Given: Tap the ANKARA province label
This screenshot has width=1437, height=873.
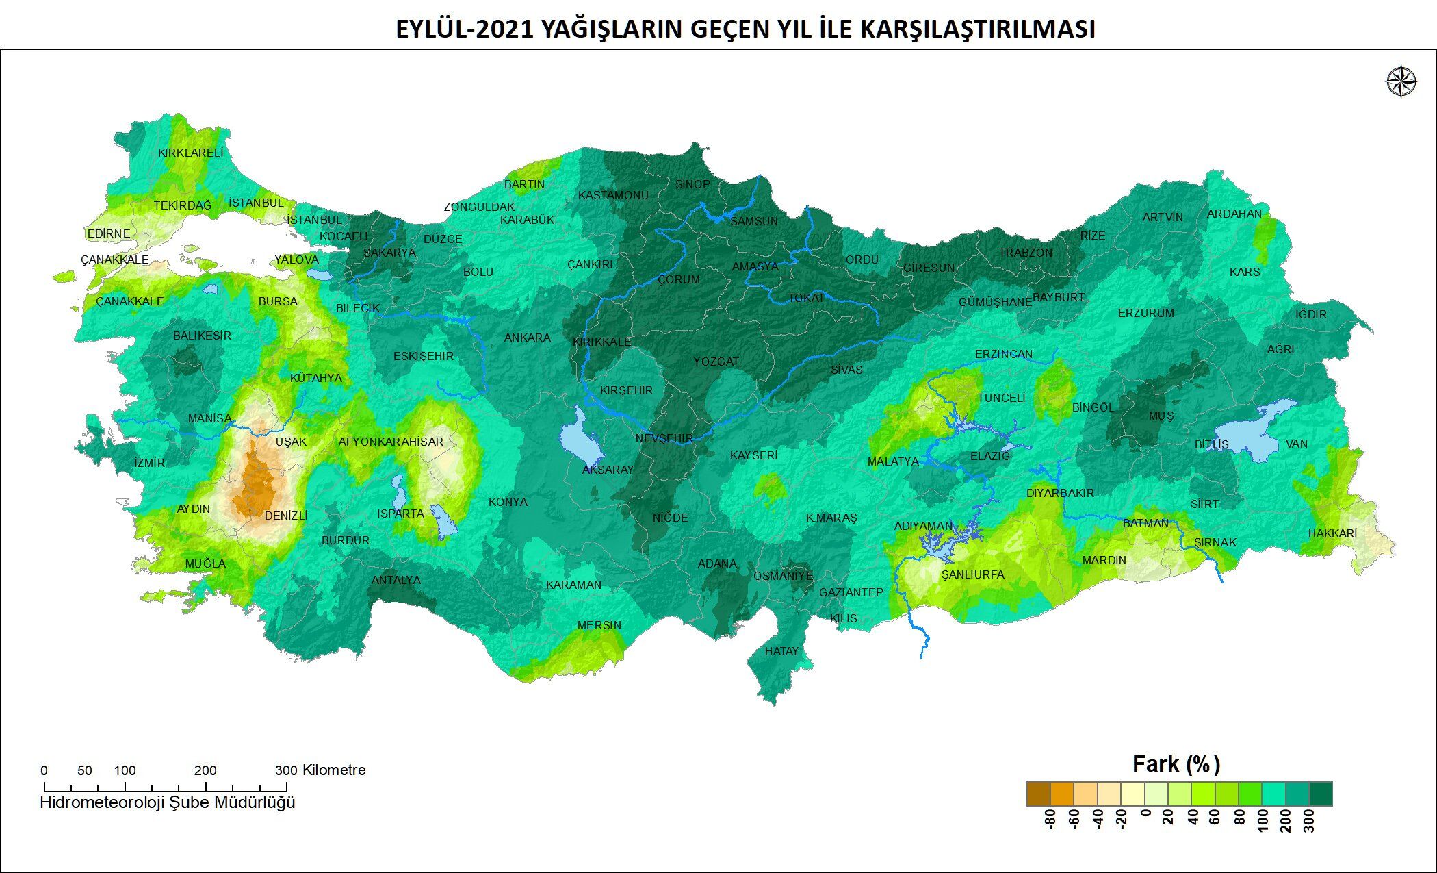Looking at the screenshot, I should click(527, 338).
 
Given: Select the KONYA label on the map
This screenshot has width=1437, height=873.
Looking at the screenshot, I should click(508, 502).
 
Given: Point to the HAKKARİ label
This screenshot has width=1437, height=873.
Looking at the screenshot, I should click(1332, 533).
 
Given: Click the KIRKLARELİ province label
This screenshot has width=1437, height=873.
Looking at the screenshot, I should click(190, 153).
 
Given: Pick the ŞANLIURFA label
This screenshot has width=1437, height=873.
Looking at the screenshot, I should click(972, 574).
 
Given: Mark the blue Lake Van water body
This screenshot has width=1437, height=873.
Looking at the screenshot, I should click(1252, 435).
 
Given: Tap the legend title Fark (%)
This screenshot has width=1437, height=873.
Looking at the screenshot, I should click(1176, 763).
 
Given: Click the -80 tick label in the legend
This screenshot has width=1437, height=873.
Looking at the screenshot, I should click(1050, 819).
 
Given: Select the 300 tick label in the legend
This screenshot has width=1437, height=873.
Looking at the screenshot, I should click(1309, 819).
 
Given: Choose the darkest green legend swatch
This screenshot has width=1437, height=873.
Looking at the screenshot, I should click(1321, 794).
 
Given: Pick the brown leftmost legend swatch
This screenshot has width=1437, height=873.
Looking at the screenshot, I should click(1038, 794).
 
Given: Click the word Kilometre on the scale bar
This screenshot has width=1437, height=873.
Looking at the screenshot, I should click(334, 770).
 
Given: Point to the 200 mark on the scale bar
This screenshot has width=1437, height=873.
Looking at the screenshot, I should click(205, 770).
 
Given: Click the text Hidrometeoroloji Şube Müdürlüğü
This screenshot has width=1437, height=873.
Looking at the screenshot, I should click(168, 802).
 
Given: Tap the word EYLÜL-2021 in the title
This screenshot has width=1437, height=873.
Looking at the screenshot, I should click(465, 29).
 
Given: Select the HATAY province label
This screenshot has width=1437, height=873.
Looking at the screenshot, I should click(781, 651).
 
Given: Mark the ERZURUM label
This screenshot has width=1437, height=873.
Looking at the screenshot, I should click(1145, 313).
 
